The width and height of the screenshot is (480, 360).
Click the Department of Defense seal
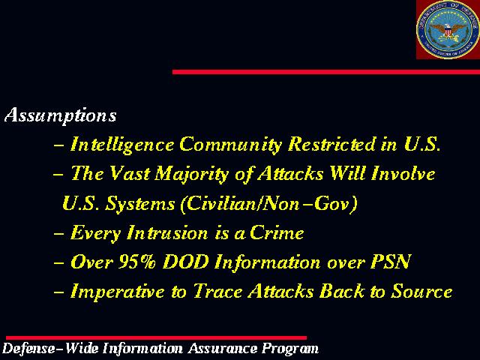448,29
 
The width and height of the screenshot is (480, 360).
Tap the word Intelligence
122,145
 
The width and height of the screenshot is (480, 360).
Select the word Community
230,145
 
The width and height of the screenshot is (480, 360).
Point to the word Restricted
331,143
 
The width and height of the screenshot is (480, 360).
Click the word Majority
192,174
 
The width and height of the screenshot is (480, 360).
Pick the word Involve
403,173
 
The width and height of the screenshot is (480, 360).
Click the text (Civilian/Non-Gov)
268,203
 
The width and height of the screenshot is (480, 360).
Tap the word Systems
140,204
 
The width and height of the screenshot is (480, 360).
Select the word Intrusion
167,233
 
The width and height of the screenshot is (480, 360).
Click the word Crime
277,233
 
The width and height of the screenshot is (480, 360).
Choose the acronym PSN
390,262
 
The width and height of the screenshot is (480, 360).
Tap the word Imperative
117,292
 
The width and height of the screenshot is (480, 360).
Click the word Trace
217,291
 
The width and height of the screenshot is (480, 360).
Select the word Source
422,291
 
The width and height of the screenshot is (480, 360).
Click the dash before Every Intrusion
58,233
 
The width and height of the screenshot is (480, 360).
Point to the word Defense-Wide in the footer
50,349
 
